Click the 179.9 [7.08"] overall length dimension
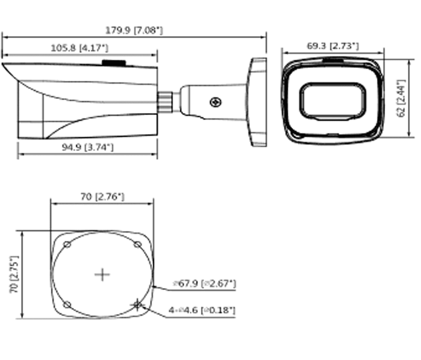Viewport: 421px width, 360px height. (134, 30)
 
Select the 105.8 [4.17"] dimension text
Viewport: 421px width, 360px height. (79, 48)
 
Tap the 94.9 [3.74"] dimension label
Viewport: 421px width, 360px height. (87, 148)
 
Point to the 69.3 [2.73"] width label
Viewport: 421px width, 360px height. (333, 46)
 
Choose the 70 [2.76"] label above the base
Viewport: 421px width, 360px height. (102, 197)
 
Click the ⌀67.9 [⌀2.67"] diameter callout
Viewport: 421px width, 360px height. (204, 284)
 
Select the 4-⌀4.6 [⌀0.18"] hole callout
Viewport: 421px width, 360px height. (202, 310)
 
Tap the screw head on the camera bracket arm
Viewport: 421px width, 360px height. (216, 102)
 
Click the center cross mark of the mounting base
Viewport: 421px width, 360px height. (102, 274)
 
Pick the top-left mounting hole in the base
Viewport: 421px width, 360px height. (67, 245)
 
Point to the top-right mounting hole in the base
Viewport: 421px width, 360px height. (137, 245)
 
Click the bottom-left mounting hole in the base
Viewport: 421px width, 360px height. (67, 304)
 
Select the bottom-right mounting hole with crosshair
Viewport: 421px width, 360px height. (137, 304)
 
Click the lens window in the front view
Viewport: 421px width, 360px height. (332, 100)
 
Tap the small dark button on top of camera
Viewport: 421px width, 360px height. (114, 63)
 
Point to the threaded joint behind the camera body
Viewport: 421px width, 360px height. (166, 101)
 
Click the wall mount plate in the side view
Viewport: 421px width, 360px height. (258, 102)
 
